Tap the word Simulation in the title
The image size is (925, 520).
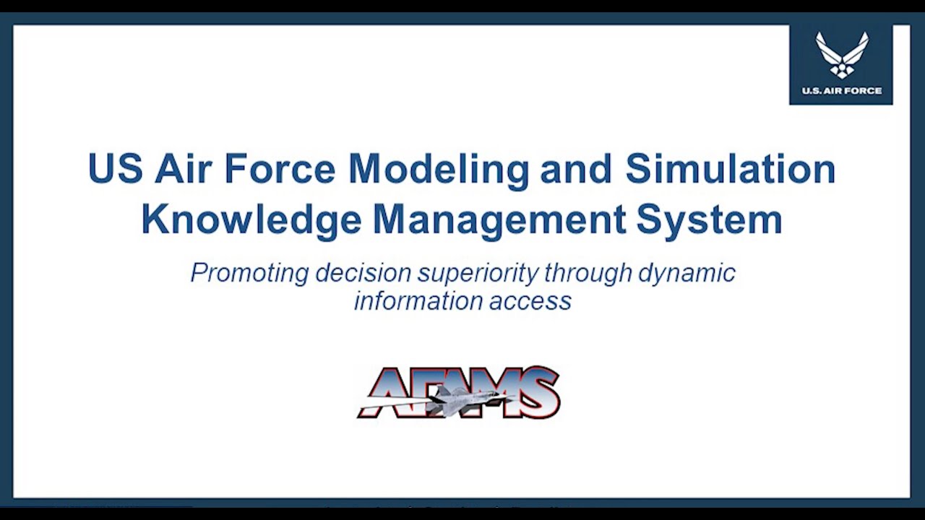[x=730, y=168]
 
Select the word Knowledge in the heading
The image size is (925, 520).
[x=251, y=220]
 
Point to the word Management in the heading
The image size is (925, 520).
[x=498, y=220]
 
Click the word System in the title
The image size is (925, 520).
[x=709, y=220]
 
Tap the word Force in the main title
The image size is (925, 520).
[x=280, y=168]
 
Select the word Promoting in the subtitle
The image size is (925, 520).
[x=249, y=273]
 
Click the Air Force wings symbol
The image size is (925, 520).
[x=842, y=54]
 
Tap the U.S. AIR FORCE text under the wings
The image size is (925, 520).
[x=842, y=91]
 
